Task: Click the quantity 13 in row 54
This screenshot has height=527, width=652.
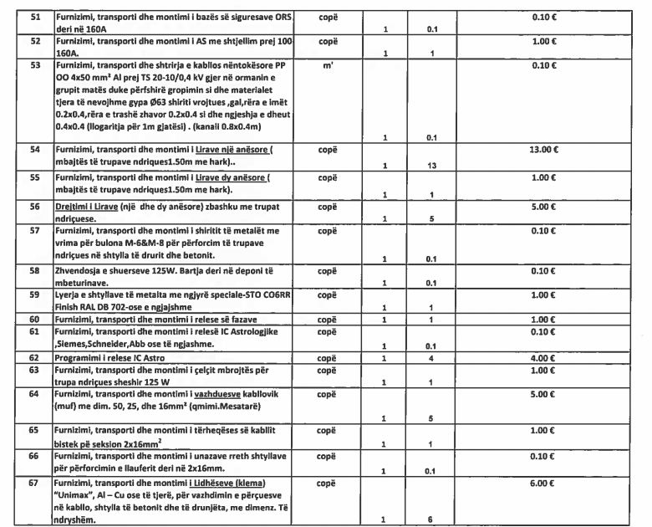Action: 431,166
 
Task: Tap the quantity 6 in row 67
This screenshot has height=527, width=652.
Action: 432,519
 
